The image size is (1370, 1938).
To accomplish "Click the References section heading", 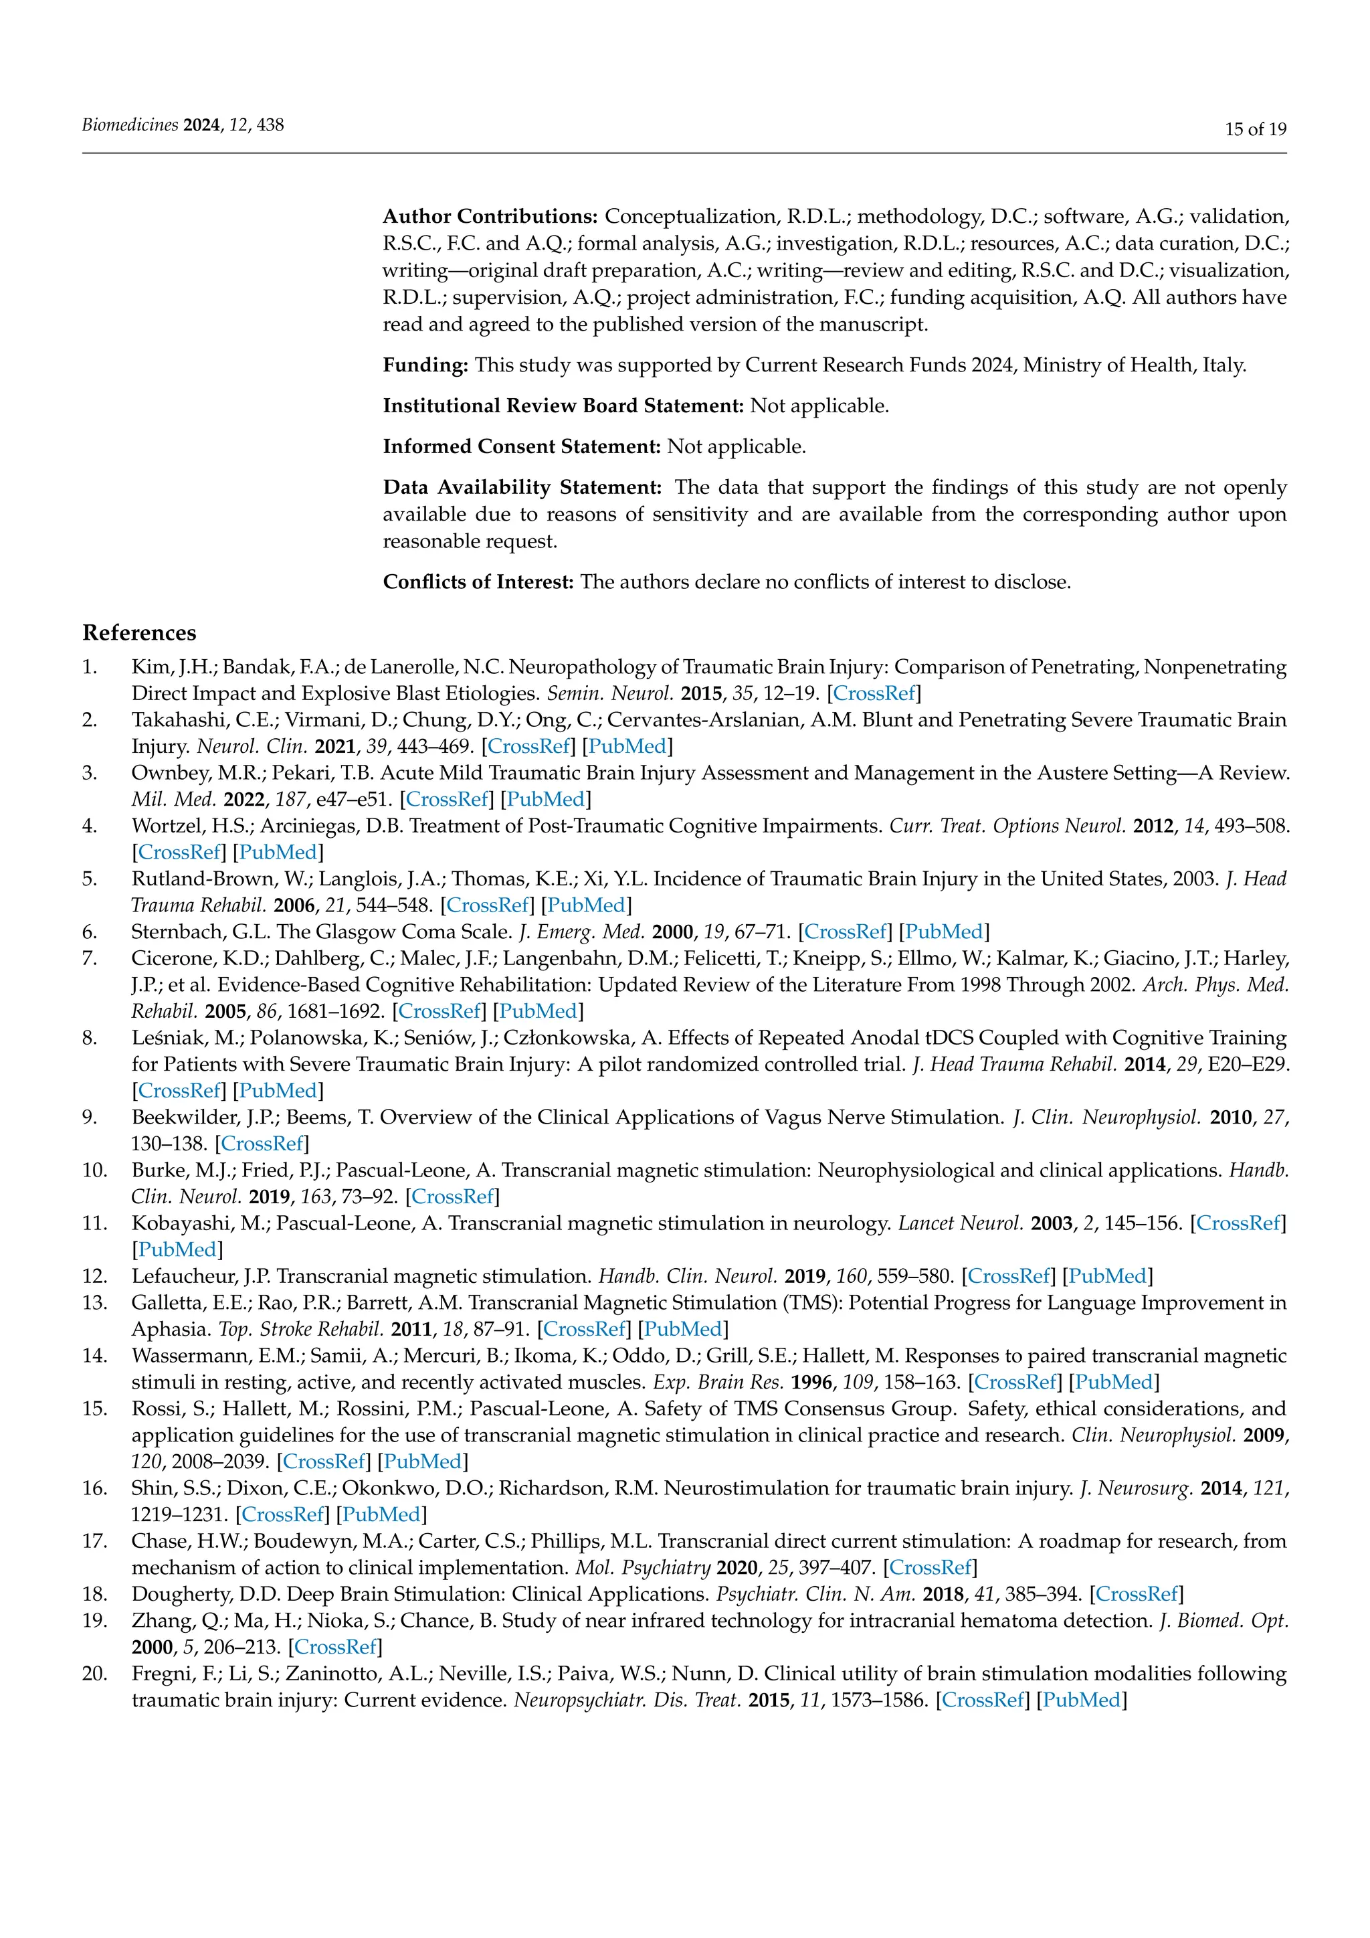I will (139, 633).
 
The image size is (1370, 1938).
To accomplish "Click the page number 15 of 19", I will (1255, 129).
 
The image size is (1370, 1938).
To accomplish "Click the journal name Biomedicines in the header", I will (130, 125).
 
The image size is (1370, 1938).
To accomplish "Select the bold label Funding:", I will (425, 365).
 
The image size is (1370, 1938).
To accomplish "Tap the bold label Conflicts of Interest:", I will (478, 582).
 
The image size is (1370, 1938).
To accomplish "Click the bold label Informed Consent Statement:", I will (521, 446).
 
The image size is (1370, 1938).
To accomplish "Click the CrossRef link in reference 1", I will (874, 694).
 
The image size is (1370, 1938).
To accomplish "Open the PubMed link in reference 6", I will (944, 932).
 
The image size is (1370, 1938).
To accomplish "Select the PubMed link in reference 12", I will (1107, 1276).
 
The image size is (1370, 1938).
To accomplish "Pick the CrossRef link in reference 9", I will (262, 1144).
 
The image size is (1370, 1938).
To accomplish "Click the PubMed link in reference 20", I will (1082, 1700).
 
